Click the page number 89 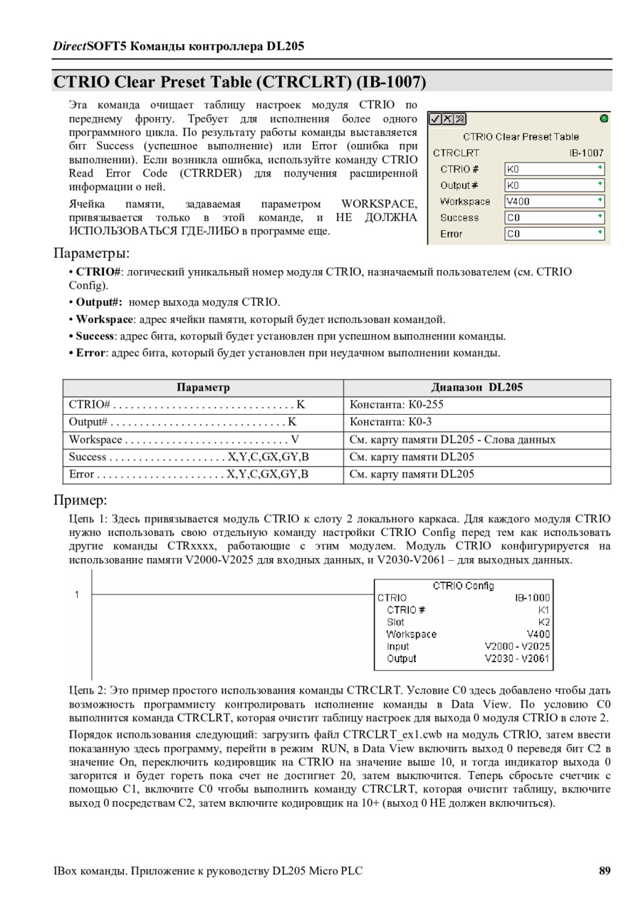(605, 871)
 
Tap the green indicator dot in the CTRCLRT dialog (604, 119)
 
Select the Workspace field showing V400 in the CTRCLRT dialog (554, 202)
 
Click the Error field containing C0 (554, 234)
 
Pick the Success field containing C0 (554, 218)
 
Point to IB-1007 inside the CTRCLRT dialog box (586, 153)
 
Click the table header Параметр (203, 388)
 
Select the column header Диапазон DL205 (476, 388)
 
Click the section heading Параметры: (91, 253)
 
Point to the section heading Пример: (80, 499)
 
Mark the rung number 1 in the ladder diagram (77, 595)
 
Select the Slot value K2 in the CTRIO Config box (544, 622)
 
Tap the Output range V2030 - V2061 (517, 659)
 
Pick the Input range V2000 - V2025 (517, 646)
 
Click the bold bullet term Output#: (100, 302)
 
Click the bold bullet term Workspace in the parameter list (105, 319)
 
